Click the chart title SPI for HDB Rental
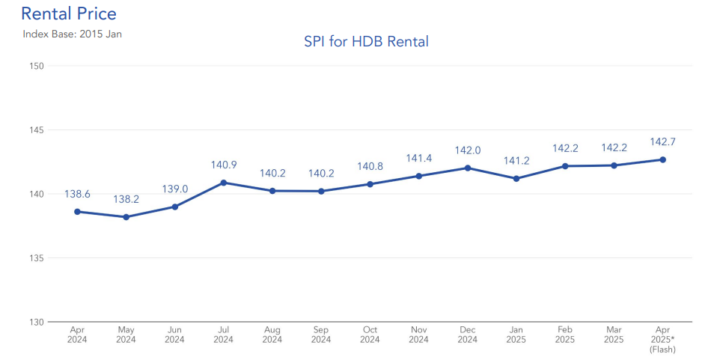click(x=366, y=42)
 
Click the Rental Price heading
click(x=69, y=13)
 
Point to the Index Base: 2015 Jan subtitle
click(x=72, y=34)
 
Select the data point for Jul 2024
click(x=224, y=183)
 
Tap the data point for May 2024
click(x=126, y=217)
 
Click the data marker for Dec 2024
click(x=468, y=168)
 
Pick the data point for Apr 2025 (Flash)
click(x=662, y=159)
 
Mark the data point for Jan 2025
click(x=516, y=178)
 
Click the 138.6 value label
click(x=77, y=194)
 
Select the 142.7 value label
click(x=662, y=141)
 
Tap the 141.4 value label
click(x=418, y=158)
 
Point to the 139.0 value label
click(x=174, y=190)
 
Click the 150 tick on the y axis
click(x=37, y=66)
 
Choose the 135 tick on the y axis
click(x=37, y=258)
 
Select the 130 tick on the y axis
click(x=37, y=322)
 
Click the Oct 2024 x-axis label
click(x=370, y=334)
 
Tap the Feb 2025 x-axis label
click(x=565, y=334)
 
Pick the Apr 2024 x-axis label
click(x=77, y=334)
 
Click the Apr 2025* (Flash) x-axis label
click(x=662, y=339)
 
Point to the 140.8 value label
click(x=370, y=166)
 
